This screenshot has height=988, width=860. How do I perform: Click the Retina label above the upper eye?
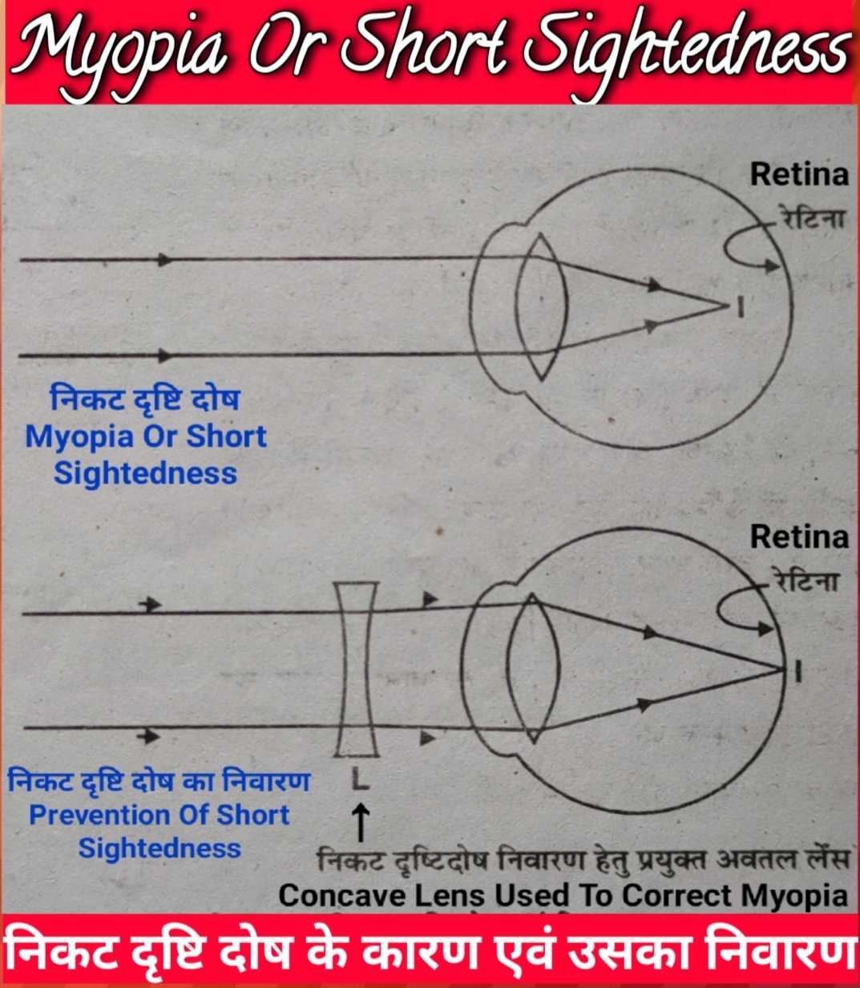(798, 174)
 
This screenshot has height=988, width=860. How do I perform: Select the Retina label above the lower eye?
(798, 537)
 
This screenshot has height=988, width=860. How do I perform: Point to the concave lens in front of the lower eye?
(357, 670)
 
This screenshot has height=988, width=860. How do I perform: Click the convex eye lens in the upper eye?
(542, 306)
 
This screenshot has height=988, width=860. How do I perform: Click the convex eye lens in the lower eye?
(533, 668)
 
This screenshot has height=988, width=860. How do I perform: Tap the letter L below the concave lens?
(360, 778)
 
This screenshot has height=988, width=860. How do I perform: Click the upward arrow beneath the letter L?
(361, 823)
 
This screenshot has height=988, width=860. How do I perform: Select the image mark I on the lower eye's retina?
(797, 670)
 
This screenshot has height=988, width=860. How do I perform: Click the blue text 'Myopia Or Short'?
(145, 437)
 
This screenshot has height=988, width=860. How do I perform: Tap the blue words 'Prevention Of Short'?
(159, 815)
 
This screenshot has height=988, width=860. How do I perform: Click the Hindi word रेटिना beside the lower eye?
(806, 580)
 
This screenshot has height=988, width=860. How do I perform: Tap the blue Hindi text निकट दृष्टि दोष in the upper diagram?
(144, 399)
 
